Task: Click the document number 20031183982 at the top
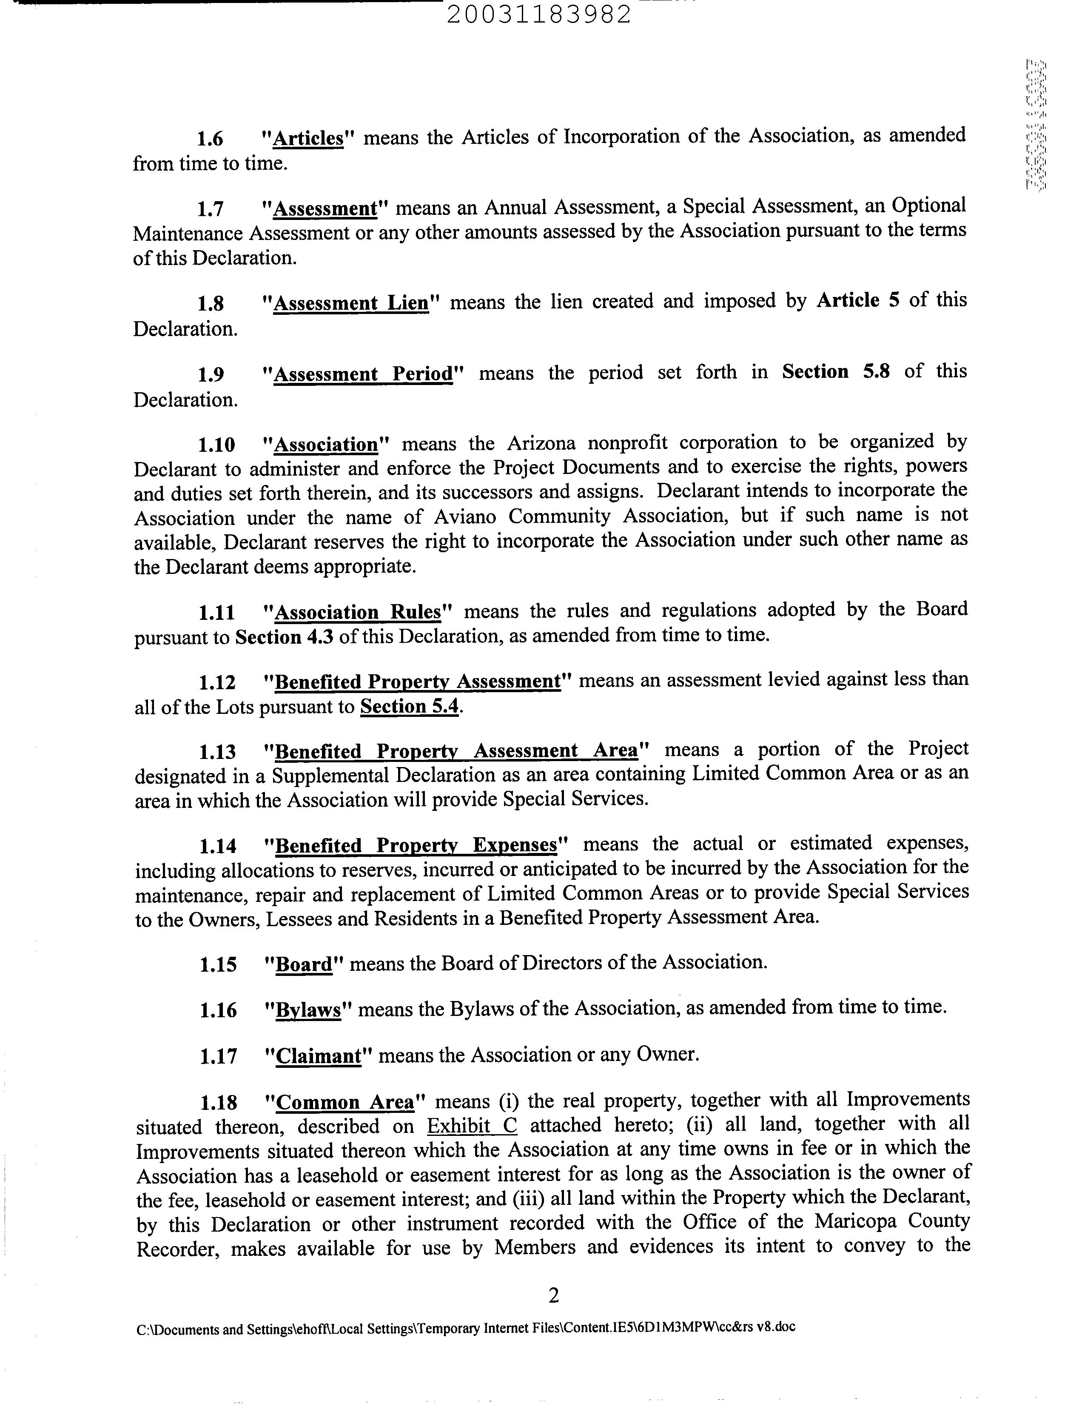coord(538,14)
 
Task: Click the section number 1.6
coord(209,139)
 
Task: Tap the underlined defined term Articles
coord(308,139)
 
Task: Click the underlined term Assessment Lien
coord(351,303)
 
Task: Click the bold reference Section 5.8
coord(835,372)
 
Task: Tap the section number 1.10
coord(216,445)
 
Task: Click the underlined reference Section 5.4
coord(410,707)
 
